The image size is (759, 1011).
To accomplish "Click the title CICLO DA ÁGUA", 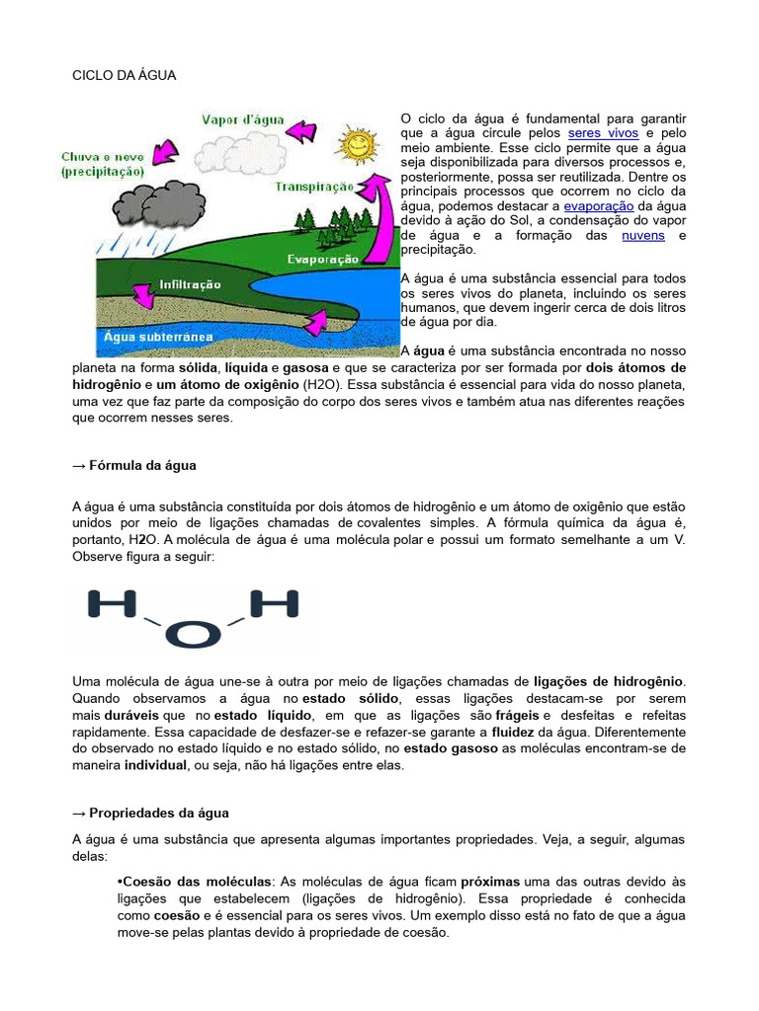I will pos(125,75).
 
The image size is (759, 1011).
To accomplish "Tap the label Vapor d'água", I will pos(243,119).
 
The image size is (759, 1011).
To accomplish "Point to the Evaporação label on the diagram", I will pos(322,259).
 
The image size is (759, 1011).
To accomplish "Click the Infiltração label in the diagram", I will pos(191,283).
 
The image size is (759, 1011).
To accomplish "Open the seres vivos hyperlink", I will pos(603,132).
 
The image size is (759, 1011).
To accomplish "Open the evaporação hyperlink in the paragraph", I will pos(600,205).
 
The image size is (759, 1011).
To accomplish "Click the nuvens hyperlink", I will pos(642,235).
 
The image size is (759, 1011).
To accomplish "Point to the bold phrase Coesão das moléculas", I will pos(194,881).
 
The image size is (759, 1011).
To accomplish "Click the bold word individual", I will pos(155,765).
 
